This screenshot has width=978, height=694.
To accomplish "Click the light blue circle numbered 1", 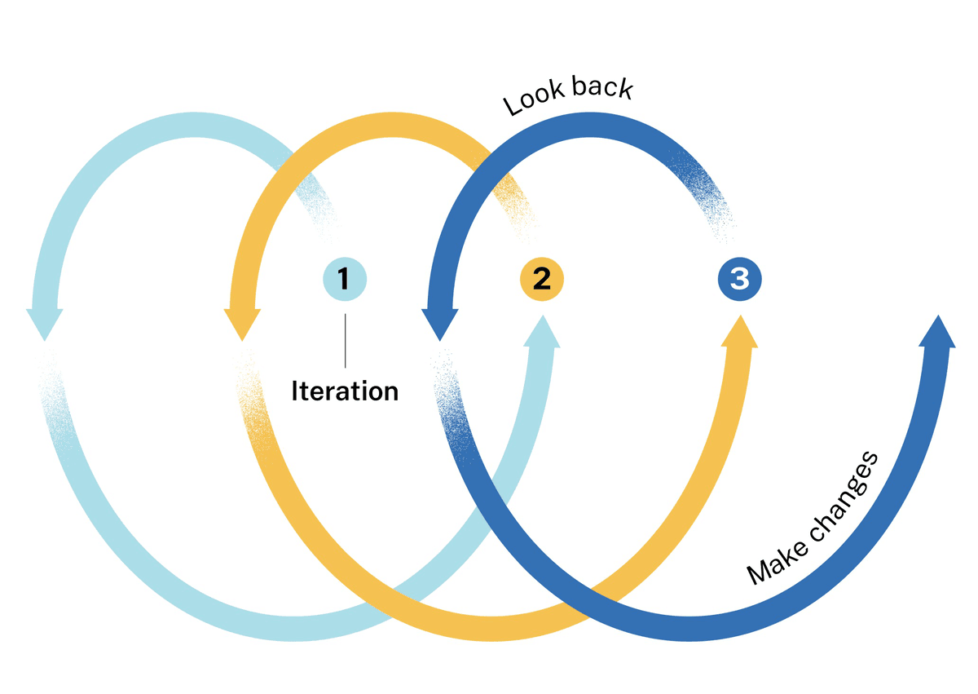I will click(345, 280).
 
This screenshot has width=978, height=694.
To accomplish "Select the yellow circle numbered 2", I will click(542, 280).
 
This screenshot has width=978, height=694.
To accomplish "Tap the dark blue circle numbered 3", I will click(739, 280).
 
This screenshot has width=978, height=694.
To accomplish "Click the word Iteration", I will click(345, 391).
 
